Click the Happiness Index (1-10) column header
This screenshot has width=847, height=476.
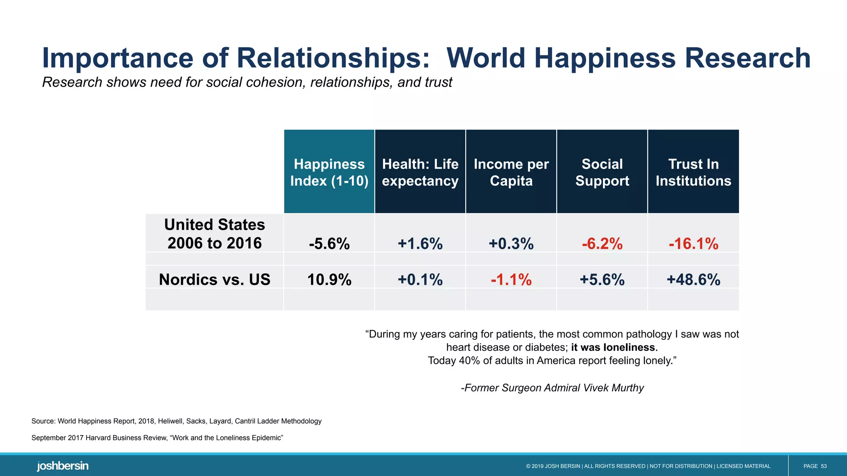[329, 172]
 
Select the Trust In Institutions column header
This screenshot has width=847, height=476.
[693, 172]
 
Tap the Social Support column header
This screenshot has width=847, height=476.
[602, 172]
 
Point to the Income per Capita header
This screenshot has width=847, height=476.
[511, 172]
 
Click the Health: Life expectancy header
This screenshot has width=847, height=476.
[420, 172]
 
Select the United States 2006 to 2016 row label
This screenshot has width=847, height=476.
[215, 234]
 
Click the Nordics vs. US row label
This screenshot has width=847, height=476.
[215, 280]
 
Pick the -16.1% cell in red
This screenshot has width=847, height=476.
[693, 244]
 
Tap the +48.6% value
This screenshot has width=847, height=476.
[693, 280]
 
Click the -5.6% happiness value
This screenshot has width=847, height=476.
[329, 244]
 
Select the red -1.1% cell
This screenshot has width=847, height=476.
[511, 280]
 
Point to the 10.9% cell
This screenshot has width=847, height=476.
[329, 280]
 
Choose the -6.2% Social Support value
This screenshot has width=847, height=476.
[602, 244]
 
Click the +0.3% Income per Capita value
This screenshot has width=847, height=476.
[511, 244]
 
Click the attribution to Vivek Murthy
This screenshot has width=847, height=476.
[552, 388]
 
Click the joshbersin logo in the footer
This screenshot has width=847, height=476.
[62, 466]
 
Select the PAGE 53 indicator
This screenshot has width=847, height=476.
[815, 466]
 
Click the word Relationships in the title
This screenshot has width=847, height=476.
[333, 58]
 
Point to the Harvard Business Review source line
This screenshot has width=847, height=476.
[157, 438]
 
